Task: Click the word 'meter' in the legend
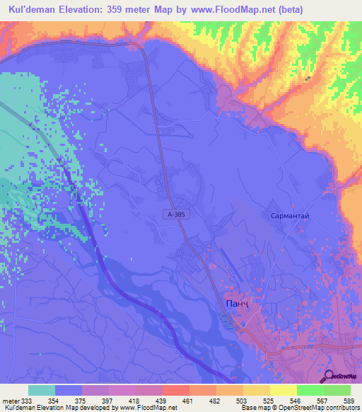click(11, 400)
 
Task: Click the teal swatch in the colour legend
click(42, 390)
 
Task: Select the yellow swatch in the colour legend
click(284, 390)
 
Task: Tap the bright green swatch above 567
click(310, 390)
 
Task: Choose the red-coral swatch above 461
click(176, 390)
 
